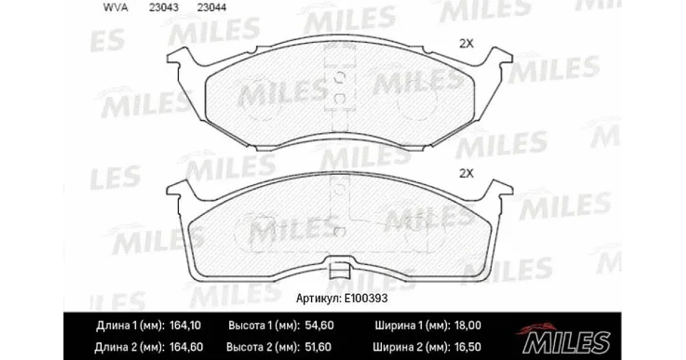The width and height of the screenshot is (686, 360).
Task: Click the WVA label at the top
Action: click(115, 7)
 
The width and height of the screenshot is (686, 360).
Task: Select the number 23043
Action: click(163, 7)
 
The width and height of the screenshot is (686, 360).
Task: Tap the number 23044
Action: click(212, 7)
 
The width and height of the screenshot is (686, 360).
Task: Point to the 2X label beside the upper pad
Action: click(466, 44)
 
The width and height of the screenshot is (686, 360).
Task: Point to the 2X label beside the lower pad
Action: click(466, 174)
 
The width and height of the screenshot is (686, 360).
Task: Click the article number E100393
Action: click(366, 298)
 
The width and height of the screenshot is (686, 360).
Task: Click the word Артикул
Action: click(319, 298)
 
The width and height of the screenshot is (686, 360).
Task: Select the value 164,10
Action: click(185, 325)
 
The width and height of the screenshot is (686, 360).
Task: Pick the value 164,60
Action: click(186, 347)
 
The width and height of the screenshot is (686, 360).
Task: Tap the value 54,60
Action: click(320, 325)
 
